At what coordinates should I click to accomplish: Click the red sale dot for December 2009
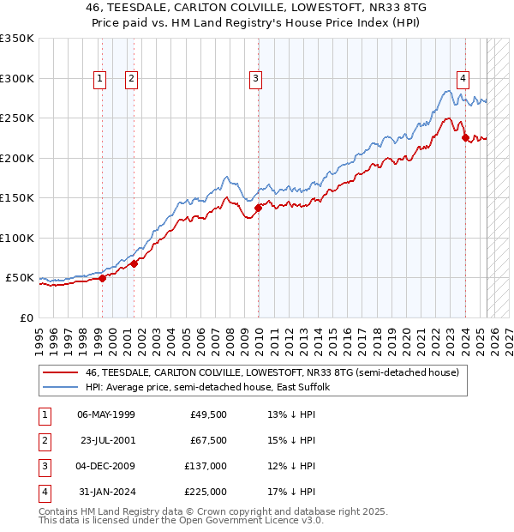(258, 208)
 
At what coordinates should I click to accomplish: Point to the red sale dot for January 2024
(465, 137)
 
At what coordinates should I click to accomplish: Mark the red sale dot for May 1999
(102, 278)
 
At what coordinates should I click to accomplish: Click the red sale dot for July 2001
(134, 263)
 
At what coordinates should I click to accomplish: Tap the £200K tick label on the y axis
(17, 158)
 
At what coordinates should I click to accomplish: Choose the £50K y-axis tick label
(20, 278)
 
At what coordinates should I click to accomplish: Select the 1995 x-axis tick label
(39, 334)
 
